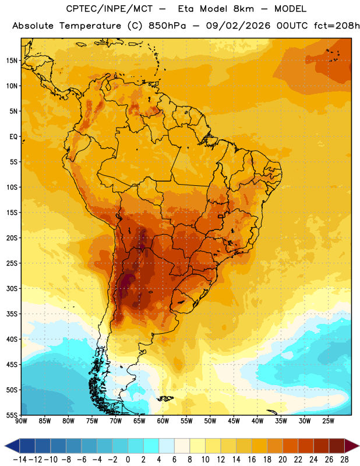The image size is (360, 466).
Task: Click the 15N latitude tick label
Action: [12, 61]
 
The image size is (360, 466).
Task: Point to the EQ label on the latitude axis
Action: [13, 137]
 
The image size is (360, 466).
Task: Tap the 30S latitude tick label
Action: [12, 288]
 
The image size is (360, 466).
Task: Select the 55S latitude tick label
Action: [12, 415]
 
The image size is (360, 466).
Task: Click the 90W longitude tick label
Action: [21, 421]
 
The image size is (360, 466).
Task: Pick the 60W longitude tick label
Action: [163, 421]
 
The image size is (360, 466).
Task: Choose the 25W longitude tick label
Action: [329, 421]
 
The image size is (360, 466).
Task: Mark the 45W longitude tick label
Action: [234, 421]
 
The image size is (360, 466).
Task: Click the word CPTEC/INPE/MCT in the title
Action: [109, 9]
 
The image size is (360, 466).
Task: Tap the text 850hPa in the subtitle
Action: [167, 26]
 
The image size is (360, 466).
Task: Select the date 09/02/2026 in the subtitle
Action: [238, 26]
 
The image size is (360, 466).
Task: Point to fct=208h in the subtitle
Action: [337, 26]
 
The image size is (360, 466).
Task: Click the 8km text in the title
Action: [243, 9]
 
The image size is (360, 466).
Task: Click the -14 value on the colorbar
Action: [20, 460]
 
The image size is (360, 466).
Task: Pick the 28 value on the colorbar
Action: [344, 460]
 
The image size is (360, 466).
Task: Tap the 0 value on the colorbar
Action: [128, 460]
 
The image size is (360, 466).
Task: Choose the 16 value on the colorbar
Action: [252, 460]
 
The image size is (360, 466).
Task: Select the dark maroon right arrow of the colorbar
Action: [351, 446]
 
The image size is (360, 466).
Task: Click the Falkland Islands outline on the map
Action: [165, 398]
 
